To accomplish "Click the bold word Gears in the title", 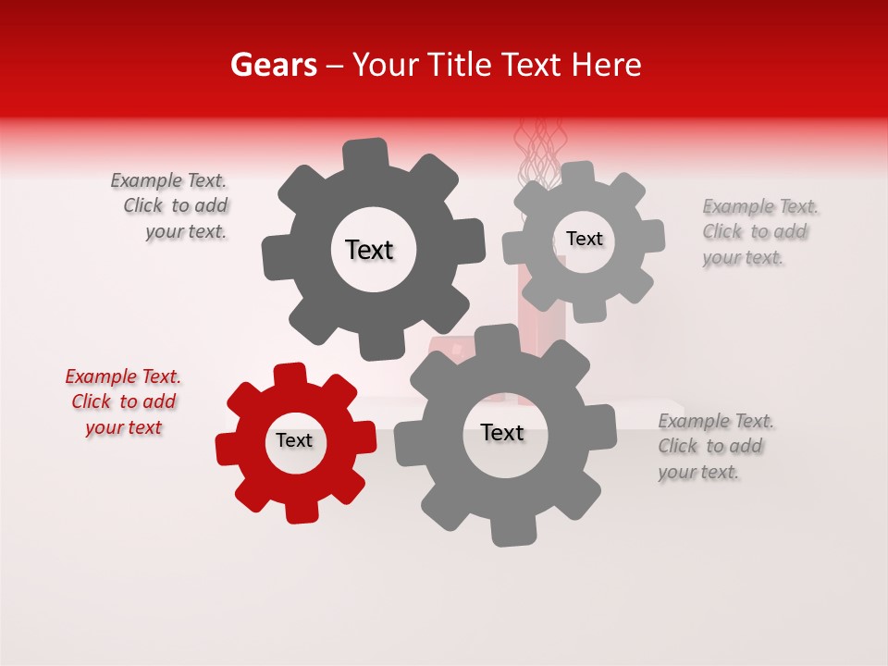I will (273, 65).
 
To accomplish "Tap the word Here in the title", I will (606, 65).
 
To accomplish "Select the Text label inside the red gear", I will (294, 441).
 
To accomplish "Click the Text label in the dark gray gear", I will (369, 250).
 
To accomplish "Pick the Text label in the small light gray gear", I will (584, 239).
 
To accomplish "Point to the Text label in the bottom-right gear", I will (502, 433).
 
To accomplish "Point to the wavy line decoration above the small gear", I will (537, 153).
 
